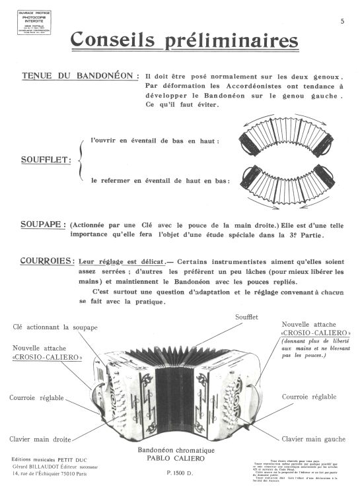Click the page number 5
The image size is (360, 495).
pos(343,22)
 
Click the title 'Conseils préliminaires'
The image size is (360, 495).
pos(185,41)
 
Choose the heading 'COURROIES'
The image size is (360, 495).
pos(46,261)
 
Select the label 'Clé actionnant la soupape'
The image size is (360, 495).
pos(55,327)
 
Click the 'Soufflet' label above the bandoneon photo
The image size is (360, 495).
pos(246,317)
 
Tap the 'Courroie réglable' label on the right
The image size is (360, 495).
pos(308,397)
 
